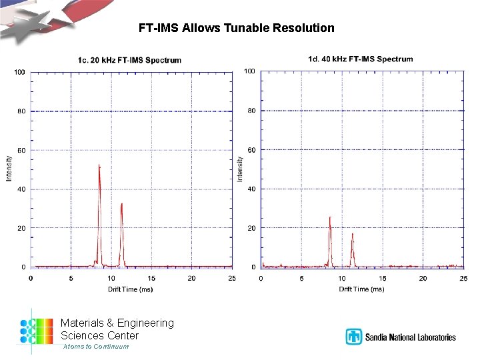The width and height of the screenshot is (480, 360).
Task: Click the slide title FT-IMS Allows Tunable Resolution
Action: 237,28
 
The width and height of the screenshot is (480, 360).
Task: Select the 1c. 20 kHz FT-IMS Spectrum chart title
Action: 129,60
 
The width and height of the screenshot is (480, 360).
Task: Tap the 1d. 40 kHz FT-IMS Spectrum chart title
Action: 360,59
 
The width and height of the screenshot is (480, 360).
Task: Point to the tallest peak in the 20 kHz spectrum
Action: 99,167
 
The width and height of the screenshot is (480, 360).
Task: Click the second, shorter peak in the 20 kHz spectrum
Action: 121,205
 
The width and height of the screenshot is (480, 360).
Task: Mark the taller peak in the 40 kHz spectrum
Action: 329,219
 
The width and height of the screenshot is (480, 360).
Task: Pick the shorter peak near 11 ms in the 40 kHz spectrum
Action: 352,235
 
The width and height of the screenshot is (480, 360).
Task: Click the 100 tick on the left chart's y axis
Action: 20,71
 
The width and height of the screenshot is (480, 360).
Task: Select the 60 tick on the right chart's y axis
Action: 251,150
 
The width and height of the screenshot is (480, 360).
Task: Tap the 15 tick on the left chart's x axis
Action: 151,278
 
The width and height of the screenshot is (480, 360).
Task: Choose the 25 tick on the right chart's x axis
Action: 463,278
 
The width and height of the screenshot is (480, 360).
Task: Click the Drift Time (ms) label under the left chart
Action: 131,289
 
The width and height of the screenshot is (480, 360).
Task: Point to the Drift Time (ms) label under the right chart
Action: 361,289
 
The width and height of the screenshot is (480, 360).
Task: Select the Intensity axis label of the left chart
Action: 9,169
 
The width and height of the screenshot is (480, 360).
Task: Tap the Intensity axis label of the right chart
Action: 240,169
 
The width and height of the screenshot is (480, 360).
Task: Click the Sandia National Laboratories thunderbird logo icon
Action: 353,337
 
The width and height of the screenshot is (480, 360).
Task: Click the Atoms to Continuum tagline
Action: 96,347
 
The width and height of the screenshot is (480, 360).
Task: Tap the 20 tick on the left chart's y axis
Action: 21,228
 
